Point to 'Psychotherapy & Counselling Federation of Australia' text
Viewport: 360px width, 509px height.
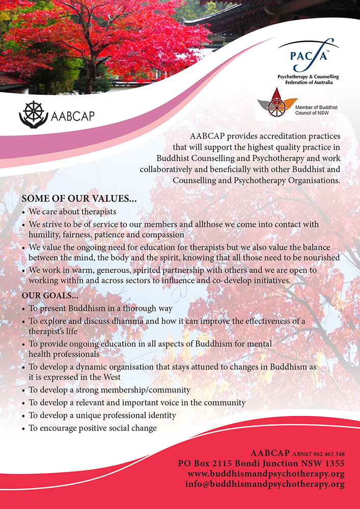point(308,79)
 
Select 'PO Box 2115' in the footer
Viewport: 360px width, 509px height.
point(202,464)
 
